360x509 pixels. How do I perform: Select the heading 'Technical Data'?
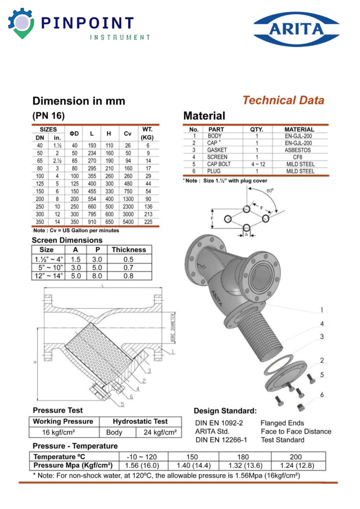click(x=283, y=100)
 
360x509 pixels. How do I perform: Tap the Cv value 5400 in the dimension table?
click(x=128, y=222)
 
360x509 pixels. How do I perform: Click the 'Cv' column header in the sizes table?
click(x=128, y=133)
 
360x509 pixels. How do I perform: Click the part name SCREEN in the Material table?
click(x=217, y=157)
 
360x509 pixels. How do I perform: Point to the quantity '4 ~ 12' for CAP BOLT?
click(x=257, y=164)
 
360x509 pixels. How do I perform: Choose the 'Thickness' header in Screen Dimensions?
click(x=129, y=250)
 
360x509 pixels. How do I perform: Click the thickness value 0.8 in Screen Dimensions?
click(x=129, y=275)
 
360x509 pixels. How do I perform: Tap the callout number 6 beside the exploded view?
click(x=322, y=395)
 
